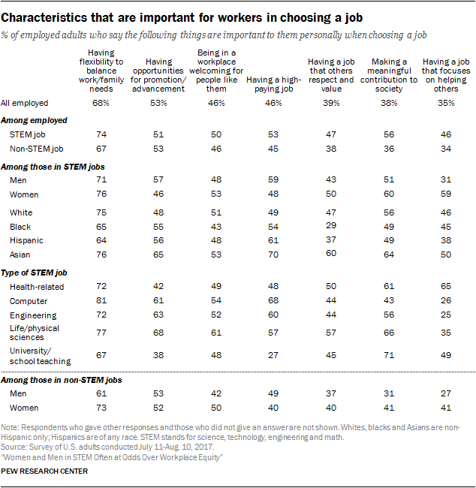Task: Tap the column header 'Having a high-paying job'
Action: (x=273, y=80)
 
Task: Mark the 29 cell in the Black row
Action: (x=331, y=225)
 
